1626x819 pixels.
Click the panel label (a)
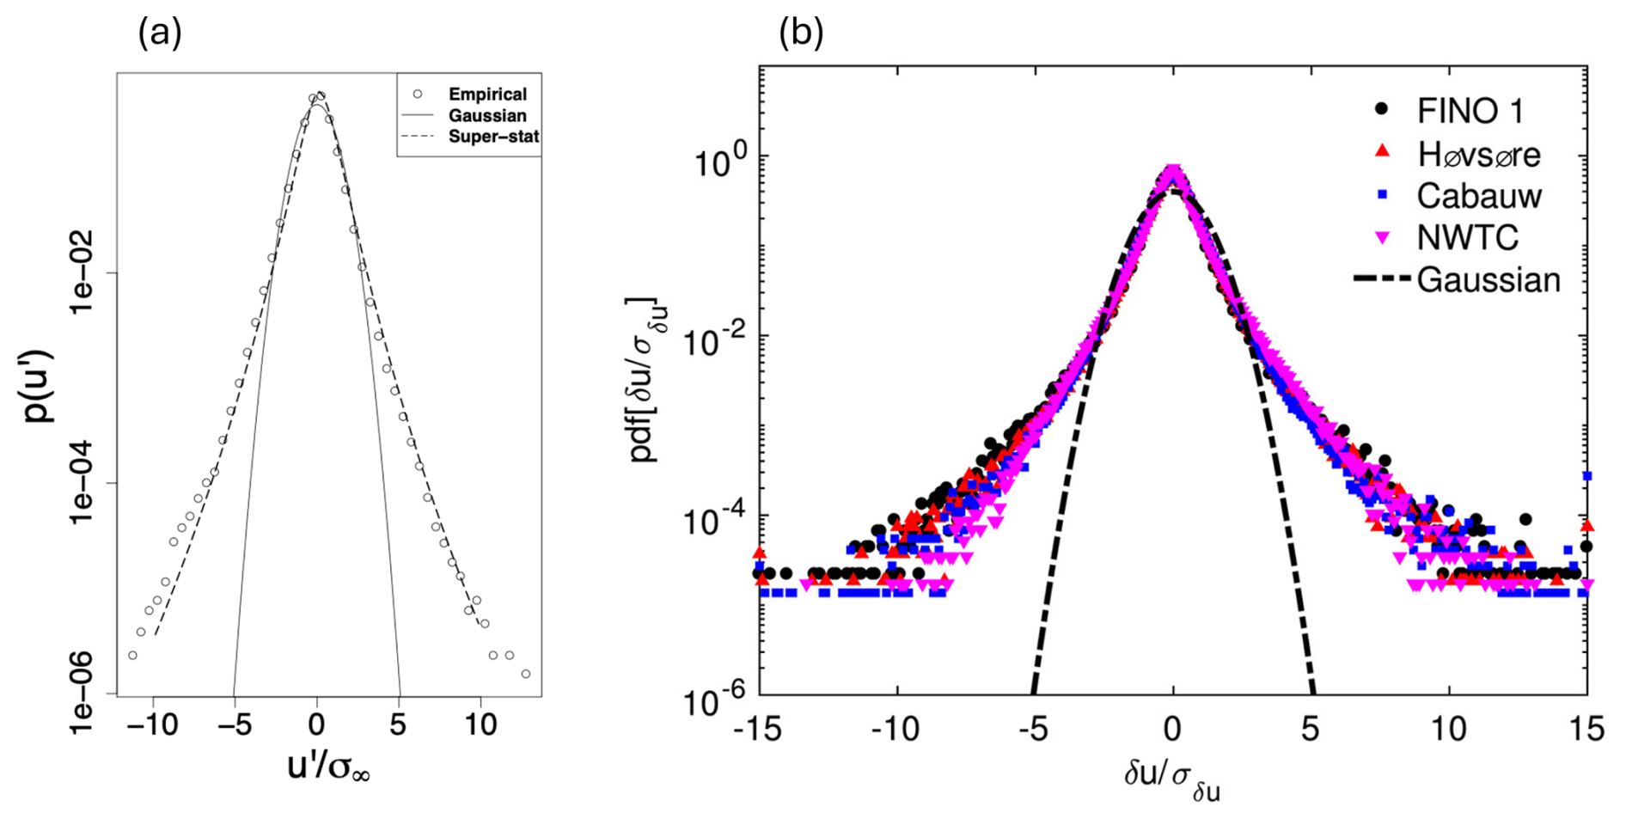coord(160,34)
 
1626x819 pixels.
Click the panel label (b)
coord(801,34)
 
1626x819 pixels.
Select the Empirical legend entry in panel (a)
coord(486,95)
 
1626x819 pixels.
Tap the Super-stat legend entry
coord(493,137)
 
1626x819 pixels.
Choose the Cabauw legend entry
coord(1478,196)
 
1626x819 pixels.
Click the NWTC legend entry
coord(1467,238)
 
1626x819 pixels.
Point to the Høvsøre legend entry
coord(1478,155)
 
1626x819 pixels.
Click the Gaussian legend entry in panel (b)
coord(1488,280)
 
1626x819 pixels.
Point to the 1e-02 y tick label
coord(83,272)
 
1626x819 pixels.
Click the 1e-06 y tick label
coord(83,692)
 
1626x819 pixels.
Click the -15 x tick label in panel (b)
coord(757,730)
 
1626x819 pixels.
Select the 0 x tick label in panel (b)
coord(1172,730)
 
